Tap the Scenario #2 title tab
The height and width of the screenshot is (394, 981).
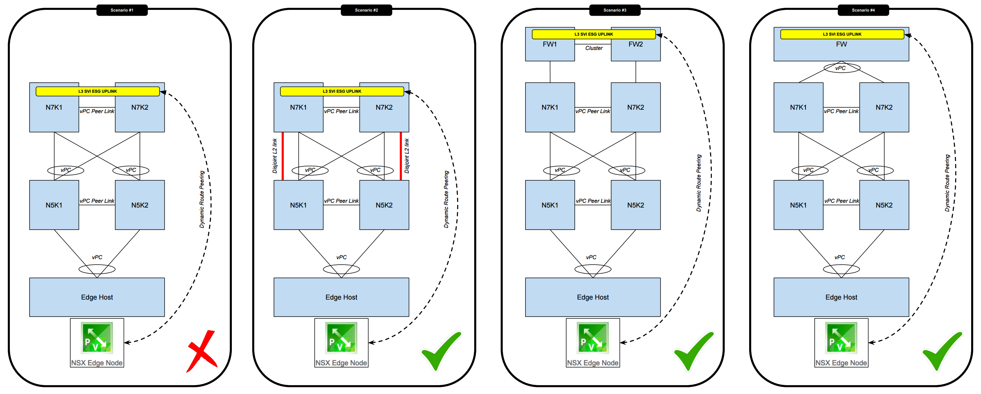pos(366,10)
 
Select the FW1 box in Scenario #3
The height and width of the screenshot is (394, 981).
pos(550,50)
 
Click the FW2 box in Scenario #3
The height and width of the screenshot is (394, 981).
pos(635,50)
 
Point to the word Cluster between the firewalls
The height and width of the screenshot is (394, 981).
pos(594,48)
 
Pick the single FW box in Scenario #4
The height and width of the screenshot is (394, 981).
pos(841,50)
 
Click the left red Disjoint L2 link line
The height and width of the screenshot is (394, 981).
pos(282,156)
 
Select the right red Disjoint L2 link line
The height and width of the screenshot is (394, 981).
pos(401,156)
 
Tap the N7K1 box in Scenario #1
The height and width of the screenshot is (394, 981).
pos(54,112)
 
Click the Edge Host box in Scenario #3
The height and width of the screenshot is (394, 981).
pos(593,297)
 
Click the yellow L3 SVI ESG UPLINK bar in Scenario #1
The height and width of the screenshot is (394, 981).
pos(97,91)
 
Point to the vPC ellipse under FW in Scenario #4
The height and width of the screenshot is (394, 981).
pos(841,68)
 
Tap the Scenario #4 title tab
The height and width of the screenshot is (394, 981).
pos(863,10)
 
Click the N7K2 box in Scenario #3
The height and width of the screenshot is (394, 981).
pos(635,112)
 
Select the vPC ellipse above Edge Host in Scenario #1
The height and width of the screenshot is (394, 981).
pos(97,269)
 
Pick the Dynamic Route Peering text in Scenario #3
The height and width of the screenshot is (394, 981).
pos(699,183)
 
